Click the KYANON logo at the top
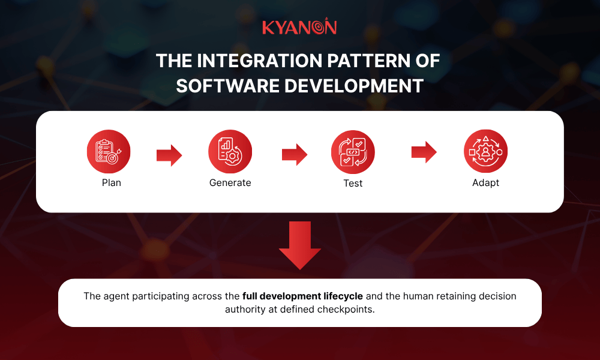[299, 27]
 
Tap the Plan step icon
[109, 152]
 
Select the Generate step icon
[230, 152]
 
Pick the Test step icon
[353, 152]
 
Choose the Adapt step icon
[485, 151]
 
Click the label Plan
[112, 182]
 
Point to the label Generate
[230, 182]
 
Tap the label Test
[353, 183]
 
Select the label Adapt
[485, 182]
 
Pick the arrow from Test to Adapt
[424, 152]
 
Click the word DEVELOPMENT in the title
[353, 85]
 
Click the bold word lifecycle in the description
[341, 296]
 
